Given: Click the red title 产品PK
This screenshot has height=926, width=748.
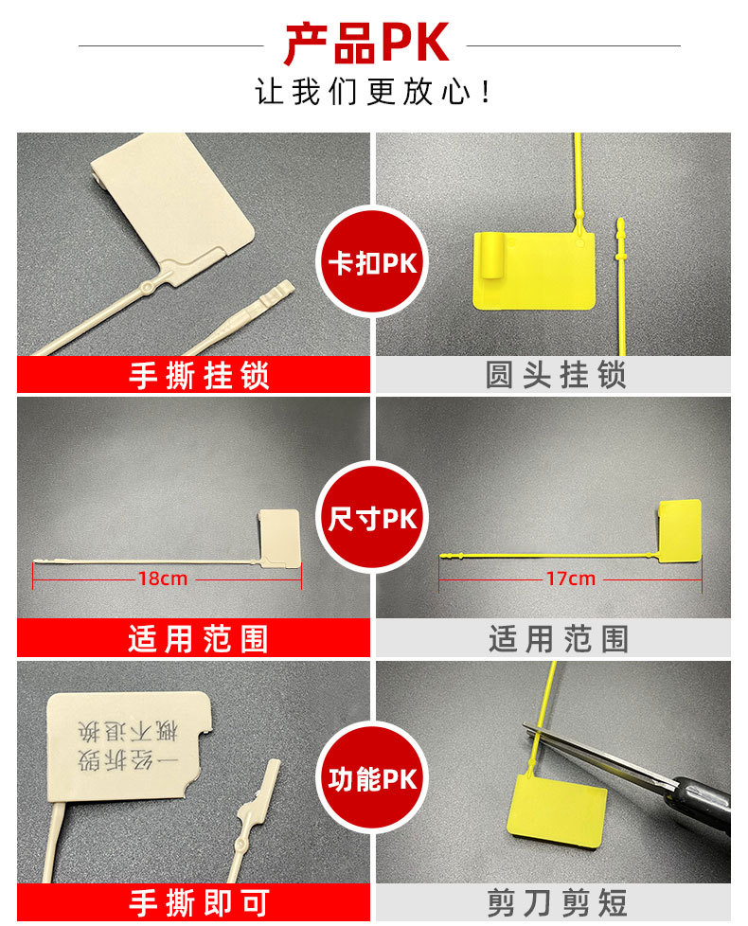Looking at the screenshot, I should coord(366,44).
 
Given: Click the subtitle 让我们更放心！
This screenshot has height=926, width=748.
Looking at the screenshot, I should coord(373,93).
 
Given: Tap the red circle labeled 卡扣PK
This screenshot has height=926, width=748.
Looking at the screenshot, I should coord(372,261).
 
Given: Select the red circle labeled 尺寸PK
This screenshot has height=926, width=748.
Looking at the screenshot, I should coord(372,519).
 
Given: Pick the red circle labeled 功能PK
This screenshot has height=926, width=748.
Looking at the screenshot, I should coord(372,778).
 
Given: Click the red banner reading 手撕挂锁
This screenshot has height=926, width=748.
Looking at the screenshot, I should coord(194,375).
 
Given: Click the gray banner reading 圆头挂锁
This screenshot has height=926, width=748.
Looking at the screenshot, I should coord(555,375).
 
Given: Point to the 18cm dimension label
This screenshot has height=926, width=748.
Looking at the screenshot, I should coord(162,578).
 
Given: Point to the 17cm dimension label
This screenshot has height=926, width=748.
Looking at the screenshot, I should coord(570,578).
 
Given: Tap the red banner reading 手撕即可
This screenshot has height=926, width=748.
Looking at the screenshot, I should coord(194,902).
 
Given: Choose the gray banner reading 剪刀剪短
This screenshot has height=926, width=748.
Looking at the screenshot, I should coord(555,902).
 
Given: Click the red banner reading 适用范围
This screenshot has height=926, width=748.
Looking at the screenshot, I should coord(194,639).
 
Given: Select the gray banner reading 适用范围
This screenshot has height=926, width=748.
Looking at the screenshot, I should coord(555,639).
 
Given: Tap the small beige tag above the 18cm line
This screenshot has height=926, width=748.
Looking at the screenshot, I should coord(279,537).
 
